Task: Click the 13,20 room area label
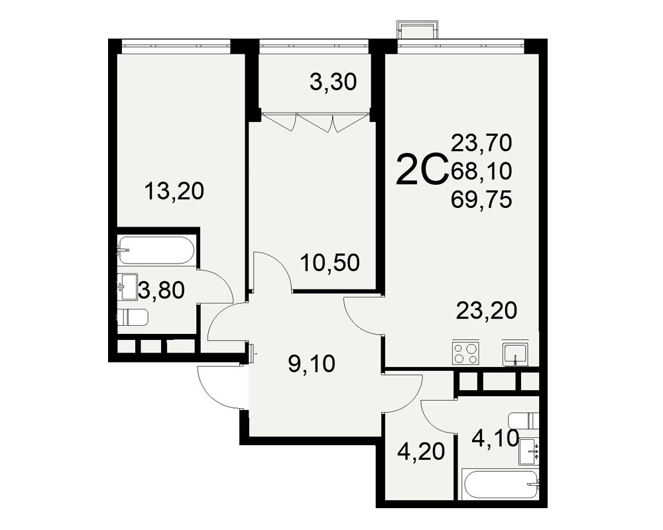pos(174,191)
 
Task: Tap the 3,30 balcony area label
pos(333,82)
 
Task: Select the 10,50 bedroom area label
pos(330,262)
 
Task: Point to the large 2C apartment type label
pos(422,170)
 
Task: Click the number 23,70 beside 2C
pos(481,142)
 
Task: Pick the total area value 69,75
pos(481,199)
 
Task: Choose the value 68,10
pos(481,171)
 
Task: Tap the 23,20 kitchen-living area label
pos(487,311)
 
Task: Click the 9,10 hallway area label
pos(312,364)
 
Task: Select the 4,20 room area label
pos(421,452)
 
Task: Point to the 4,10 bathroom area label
pos(495,439)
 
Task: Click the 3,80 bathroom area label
pos(161,291)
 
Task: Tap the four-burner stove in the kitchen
pos(465,353)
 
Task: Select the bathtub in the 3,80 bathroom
pos(156,250)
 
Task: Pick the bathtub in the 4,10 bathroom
pos(500,484)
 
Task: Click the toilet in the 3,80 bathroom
pos(133,317)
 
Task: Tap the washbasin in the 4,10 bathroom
pos(529,451)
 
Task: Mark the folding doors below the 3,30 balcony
pos(316,121)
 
